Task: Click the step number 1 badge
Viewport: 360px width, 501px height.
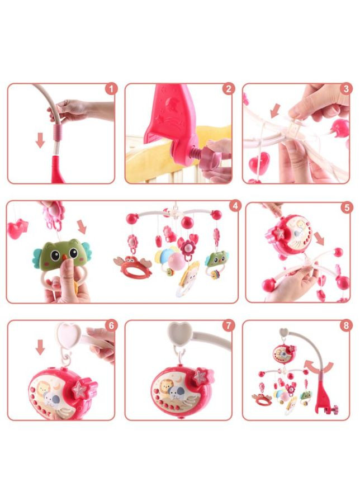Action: (111, 89)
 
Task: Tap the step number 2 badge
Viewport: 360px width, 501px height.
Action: (228, 89)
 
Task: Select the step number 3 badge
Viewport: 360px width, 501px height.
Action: (346, 89)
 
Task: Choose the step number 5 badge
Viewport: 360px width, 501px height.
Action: (347, 208)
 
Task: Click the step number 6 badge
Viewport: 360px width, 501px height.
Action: (111, 325)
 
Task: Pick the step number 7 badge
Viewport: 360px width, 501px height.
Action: (228, 325)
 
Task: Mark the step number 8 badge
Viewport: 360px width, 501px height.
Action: (346, 325)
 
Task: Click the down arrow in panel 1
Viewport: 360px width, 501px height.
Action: (40, 140)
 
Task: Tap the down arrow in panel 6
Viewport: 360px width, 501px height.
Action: (40, 347)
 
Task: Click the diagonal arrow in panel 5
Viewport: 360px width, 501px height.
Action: (319, 239)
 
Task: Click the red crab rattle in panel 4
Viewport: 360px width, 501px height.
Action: (133, 267)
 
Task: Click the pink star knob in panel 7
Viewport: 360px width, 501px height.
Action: (203, 376)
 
